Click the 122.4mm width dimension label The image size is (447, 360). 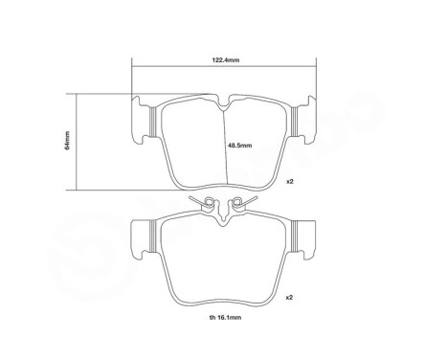pyautogui.click(x=226, y=59)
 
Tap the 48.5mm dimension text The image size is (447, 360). pyautogui.click(x=238, y=146)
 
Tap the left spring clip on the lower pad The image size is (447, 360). pyautogui.click(x=204, y=203)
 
